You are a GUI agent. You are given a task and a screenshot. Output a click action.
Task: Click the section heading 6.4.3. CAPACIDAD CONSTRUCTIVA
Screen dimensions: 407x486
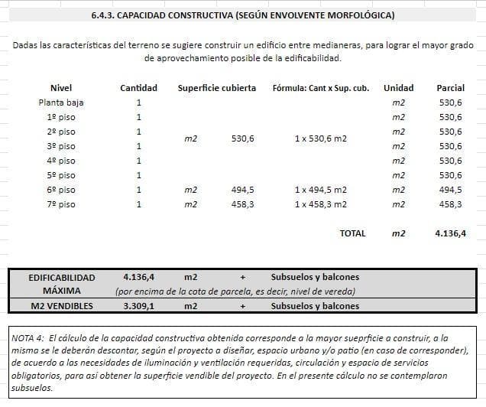(242, 15)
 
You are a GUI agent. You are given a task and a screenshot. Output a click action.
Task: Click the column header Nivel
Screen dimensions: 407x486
(60, 88)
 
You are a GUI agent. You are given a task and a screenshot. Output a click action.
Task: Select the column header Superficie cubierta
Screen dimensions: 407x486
(217, 88)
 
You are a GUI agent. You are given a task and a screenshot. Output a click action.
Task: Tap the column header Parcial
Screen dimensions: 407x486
(450, 88)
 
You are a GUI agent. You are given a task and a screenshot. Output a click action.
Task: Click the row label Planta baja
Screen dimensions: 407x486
(61, 103)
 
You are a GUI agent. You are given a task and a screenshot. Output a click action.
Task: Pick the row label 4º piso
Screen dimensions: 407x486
(61, 161)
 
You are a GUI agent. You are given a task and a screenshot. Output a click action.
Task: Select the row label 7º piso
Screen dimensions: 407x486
(61, 204)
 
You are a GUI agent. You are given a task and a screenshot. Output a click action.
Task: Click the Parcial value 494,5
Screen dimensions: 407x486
(450, 190)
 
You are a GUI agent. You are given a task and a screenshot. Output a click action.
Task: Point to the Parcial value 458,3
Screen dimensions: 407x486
(450, 204)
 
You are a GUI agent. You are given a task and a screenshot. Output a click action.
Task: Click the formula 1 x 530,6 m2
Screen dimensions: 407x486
(320, 139)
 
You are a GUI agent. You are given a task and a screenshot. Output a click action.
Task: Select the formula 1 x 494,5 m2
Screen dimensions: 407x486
(320, 190)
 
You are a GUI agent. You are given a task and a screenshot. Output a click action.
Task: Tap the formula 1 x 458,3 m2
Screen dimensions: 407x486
(320, 204)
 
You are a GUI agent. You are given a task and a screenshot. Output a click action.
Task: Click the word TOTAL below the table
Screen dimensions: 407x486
(352, 233)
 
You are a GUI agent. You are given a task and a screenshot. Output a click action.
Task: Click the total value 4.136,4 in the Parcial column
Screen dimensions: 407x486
(450, 233)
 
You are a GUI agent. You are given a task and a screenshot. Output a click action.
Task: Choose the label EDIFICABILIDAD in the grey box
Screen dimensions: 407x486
(61, 277)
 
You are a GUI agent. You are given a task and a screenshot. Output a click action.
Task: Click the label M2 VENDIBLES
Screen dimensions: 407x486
(61, 306)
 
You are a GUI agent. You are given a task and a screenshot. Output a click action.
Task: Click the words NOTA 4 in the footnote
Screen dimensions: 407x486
(29, 337)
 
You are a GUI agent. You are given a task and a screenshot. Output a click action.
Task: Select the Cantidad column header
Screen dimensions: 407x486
(138, 88)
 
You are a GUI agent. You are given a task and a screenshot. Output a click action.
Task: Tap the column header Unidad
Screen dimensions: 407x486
(398, 88)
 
